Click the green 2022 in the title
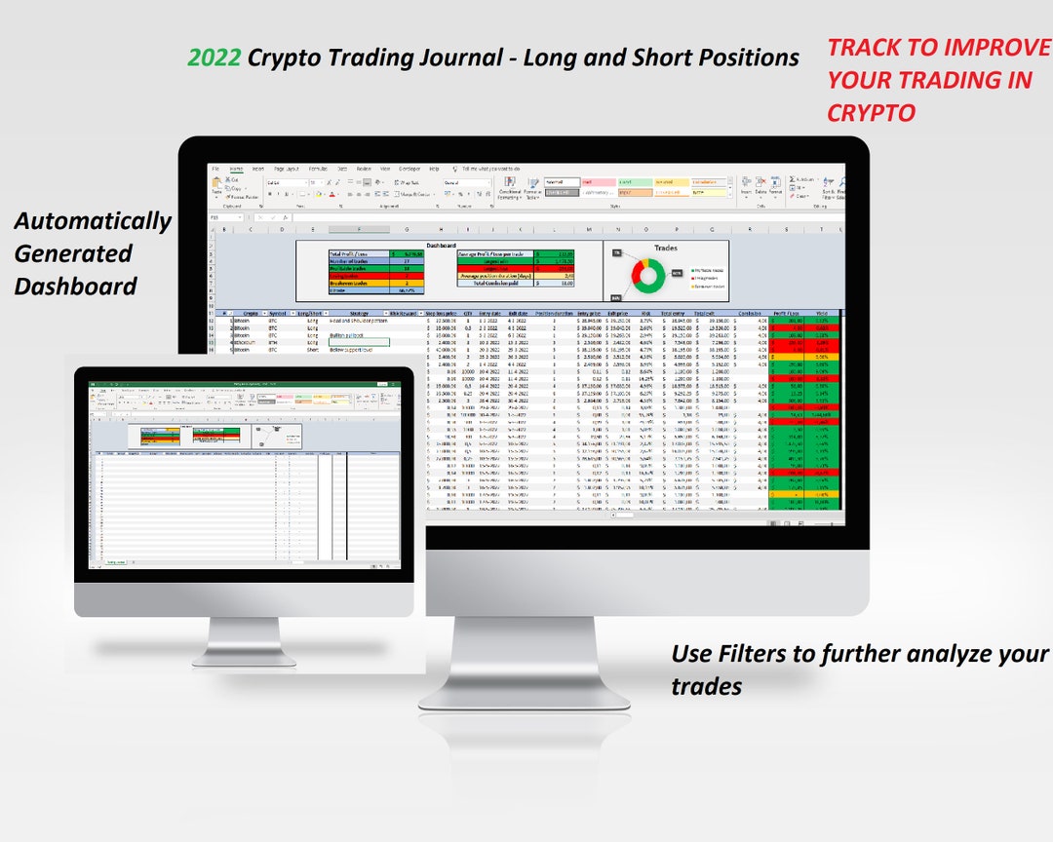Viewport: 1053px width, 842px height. coord(214,57)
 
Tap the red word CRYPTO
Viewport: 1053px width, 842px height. coord(871,113)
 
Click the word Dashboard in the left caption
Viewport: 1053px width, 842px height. coord(75,287)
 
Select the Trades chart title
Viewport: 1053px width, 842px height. coord(665,249)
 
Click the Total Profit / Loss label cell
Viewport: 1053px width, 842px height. coord(358,253)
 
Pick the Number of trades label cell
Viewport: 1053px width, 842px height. coord(358,261)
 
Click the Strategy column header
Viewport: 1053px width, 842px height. coord(349,313)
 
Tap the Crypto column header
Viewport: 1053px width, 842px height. coord(250,313)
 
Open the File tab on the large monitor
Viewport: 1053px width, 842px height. coord(215,169)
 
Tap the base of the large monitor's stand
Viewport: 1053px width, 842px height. coord(524,693)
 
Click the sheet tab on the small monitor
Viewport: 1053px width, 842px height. coord(116,562)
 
